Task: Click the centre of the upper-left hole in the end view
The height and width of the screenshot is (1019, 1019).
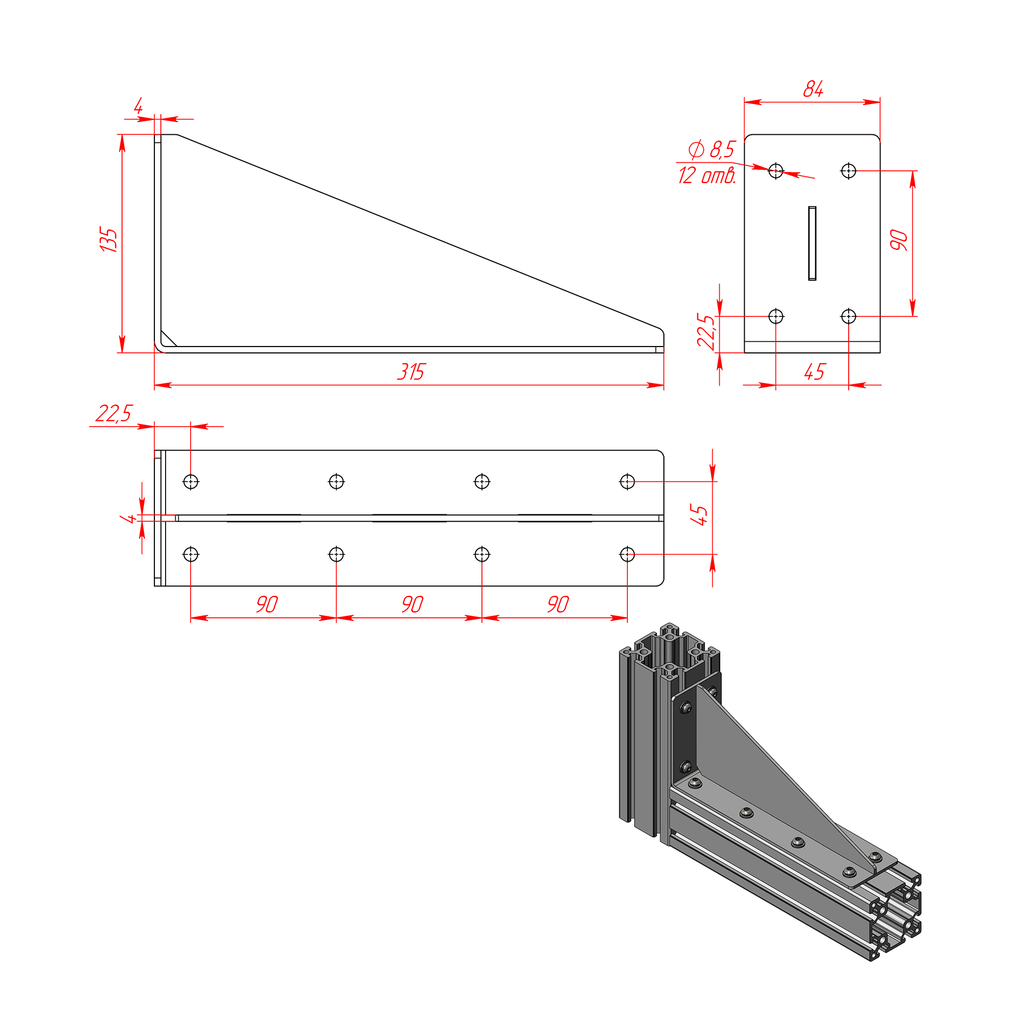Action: (776, 171)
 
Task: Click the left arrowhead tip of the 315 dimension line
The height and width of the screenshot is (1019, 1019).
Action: (154, 385)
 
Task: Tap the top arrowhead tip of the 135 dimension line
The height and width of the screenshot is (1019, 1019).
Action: (122, 135)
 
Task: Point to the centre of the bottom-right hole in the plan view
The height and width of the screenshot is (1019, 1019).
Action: (627, 555)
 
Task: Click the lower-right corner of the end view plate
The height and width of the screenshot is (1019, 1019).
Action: (880, 352)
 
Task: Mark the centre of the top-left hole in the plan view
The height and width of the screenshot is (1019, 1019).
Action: (191, 482)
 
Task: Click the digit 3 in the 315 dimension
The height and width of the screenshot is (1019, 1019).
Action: (403, 372)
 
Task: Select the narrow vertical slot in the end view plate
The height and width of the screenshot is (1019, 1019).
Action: (812, 243)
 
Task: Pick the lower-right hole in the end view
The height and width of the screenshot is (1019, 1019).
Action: (849, 316)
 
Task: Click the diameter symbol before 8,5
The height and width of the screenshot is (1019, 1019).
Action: (696, 150)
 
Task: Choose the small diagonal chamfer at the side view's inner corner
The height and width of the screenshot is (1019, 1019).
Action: (169, 339)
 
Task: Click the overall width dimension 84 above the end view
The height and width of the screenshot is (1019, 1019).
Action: (813, 89)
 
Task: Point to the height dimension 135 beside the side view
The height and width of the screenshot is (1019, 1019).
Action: (108, 239)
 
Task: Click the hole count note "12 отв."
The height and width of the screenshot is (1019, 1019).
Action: (707, 175)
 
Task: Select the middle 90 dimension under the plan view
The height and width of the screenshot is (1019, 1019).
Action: (412, 604)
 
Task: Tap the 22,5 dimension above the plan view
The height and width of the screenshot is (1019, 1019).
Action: (114, 413)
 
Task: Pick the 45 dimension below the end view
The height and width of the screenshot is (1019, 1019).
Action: (815, 372)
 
